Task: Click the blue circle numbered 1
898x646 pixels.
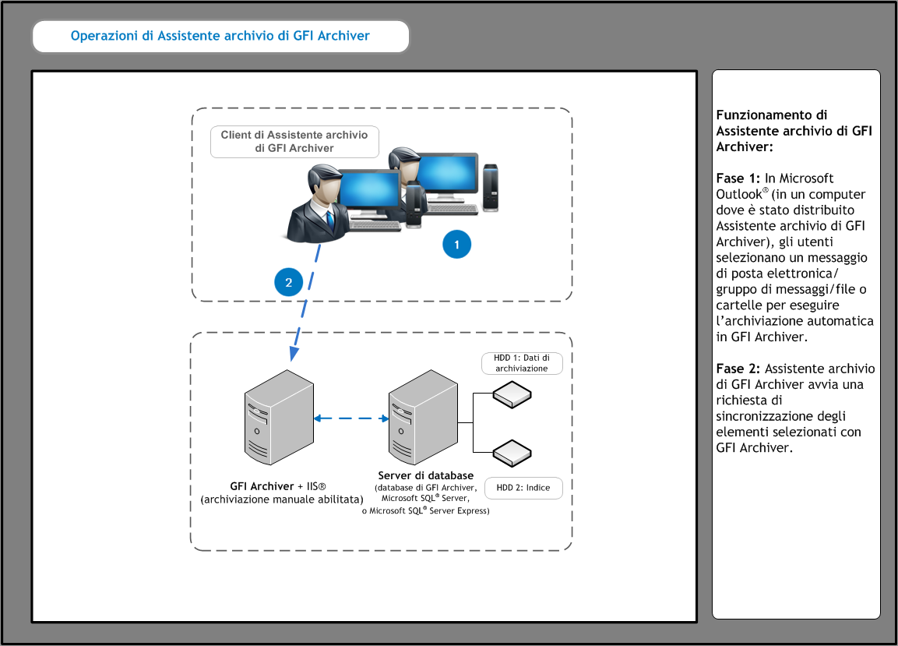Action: coord(456,245)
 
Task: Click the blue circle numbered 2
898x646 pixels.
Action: coord(289,282)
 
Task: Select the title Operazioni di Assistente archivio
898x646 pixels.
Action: coord(220,36)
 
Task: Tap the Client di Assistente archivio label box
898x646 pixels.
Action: coord(294,142)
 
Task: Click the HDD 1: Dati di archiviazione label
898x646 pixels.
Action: coord(522,363)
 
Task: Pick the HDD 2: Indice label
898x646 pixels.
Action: coord(523,488)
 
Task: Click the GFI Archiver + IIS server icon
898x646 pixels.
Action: coord(279,417)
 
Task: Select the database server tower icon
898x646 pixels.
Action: coord(423,417)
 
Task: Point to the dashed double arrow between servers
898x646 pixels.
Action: coord(351,418)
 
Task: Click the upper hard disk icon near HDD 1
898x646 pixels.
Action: coord(512,394)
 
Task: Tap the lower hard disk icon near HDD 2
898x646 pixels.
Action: coord(512,453)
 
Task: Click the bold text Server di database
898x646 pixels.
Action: coord(425,475)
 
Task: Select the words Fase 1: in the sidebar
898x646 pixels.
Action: coord(738,178)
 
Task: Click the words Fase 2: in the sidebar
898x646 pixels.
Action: coord(738,369)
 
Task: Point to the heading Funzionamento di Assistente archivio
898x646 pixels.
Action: coord(794,131)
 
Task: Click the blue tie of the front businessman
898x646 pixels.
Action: coord(330,219)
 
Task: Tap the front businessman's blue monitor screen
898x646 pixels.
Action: coord(369,189)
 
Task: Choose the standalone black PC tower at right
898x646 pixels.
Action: coord(490,188)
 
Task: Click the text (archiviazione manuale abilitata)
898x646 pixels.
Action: coord(282,500)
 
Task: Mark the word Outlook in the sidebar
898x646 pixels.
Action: coord(739,194)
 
